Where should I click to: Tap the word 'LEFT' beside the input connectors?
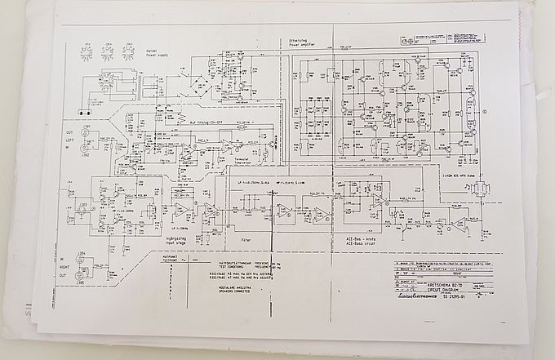pyautogui.click(x=70, y=139)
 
